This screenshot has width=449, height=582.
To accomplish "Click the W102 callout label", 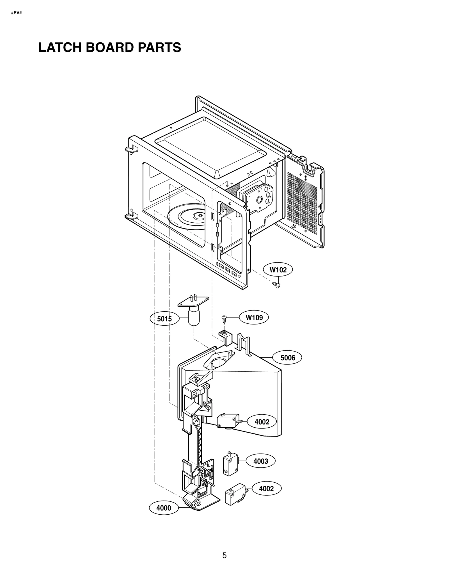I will tap(278, 270).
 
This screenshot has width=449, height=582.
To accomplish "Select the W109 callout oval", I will tap(254, 318).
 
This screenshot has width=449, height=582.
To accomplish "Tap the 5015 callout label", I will tap(164, 319).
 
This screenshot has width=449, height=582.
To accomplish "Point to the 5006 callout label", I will tap(288, 357).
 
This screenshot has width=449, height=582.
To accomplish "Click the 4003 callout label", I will tap(261, 461).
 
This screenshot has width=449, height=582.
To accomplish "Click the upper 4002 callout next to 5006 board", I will tap(262, 430).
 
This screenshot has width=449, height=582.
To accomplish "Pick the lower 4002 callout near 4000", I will tap(266, 488).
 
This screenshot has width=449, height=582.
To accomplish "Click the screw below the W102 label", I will tap(276, 285).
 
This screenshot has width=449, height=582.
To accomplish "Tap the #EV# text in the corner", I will tap(16, 13).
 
